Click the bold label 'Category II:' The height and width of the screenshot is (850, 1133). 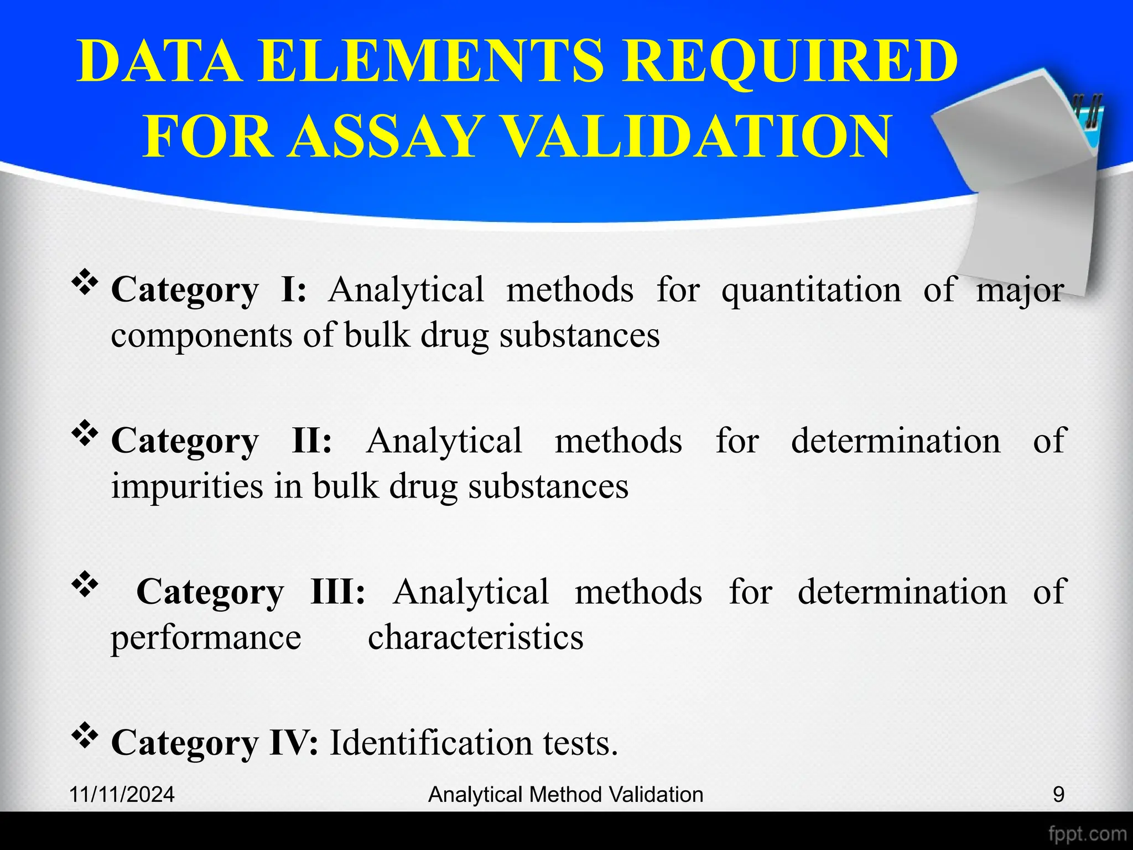[221, 441]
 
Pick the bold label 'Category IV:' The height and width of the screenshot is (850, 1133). [215, 743]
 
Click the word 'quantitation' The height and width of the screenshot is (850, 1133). [811, 291]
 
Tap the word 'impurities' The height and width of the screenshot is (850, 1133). [187, 486]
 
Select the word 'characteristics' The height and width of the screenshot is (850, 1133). [475, 637]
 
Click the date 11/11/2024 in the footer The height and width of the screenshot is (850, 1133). [122, 795]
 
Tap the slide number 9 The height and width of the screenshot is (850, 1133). [1058, 795]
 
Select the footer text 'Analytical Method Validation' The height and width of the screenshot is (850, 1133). [565, 795]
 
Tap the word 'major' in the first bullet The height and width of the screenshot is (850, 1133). [1020, 291]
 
